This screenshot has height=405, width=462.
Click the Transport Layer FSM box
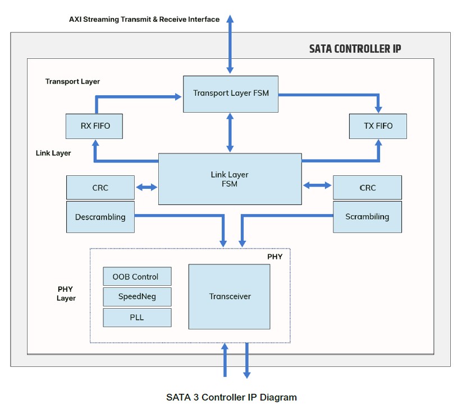230,93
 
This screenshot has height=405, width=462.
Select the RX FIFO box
94,126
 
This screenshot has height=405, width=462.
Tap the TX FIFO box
378,126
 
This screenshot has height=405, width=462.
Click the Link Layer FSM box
230,179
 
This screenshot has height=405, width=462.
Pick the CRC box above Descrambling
100,188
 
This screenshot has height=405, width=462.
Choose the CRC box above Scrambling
367,188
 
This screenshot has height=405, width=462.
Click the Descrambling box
100,217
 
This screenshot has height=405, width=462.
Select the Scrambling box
367,217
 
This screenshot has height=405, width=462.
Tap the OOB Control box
137,277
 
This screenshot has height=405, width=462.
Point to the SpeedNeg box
137,297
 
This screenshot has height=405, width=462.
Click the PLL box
137,317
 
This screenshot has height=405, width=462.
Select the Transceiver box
229,296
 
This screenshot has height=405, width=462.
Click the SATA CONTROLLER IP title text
355,49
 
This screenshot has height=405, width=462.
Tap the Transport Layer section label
72,81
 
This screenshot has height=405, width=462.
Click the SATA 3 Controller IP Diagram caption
231,397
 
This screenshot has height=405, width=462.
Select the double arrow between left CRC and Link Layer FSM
147,188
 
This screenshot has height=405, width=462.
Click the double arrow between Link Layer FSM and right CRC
317,184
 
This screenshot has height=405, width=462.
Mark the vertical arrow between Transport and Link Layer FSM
230,132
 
